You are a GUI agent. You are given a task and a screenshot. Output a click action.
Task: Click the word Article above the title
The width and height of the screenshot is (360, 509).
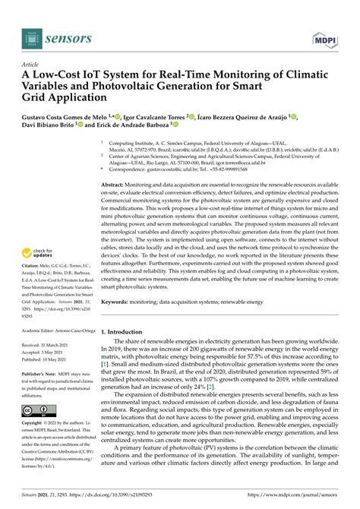point(31,66)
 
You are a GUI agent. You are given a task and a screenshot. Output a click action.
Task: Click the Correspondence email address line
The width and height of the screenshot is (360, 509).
point(189,170)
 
